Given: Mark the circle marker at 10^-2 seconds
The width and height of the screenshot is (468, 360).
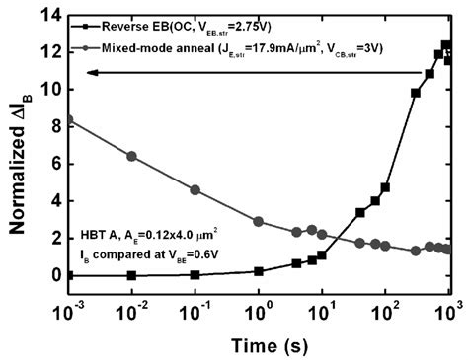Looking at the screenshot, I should [x=132, y=156].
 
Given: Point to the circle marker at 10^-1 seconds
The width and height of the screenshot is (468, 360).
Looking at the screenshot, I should [x=195, y=189].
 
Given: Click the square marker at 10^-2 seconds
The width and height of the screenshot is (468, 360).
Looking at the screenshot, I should [x=132, y=275].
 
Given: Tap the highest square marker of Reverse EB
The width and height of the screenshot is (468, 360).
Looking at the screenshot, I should [x=446, y=45].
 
